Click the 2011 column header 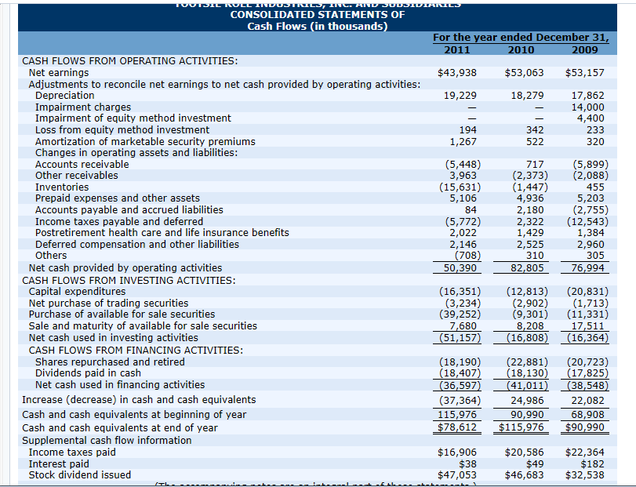click(457, 49)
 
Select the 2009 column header click(585, 49)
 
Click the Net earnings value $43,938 click(458, 72)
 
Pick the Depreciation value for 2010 click(525, 95)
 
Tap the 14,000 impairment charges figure click(587, 107)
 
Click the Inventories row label click(62, 187)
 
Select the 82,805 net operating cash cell click(525, 268)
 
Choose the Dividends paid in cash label click(88, 373)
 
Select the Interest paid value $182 click(591, 463)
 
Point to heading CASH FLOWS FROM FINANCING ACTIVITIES click(132, 350)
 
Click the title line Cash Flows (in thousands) click(318, 26)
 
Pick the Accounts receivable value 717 click(532, 164)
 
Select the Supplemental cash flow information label click(107, 440)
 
